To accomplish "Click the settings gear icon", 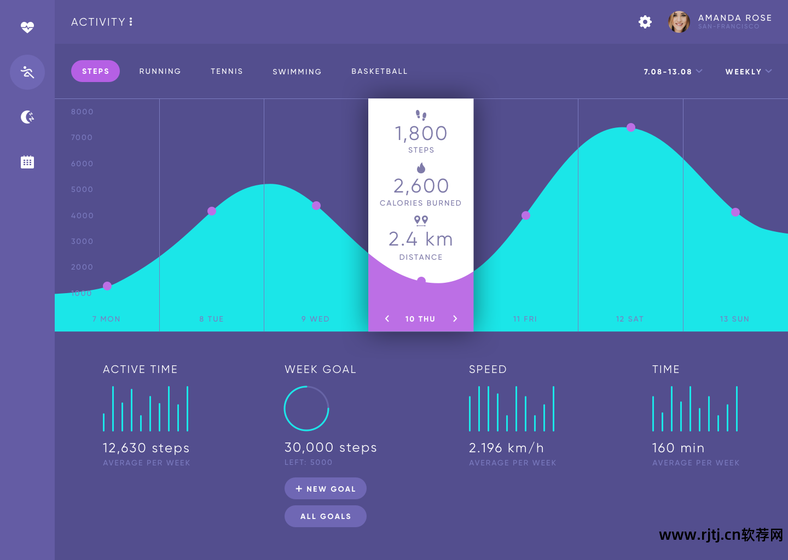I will (645, 22).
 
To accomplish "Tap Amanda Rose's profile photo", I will (679, 22).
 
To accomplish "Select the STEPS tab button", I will (95, 71).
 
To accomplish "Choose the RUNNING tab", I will (160, 71).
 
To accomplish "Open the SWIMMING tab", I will (297, 72).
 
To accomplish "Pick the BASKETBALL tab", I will (379, 71).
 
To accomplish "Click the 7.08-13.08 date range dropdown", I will (673, 72).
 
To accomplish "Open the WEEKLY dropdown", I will (748, 72).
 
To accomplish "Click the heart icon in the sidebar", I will (27, 27).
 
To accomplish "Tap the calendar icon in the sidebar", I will (27, 162).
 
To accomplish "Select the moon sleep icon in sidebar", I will (27, 116).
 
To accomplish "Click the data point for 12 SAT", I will (631, 127).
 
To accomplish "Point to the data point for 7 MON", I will (107, 286).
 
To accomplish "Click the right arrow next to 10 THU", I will (455, 319).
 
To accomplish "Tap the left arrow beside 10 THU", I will (387, 319).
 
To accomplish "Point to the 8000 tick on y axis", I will (82, 112).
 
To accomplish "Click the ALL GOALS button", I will (326, 516).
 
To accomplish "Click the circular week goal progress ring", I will (306, 409).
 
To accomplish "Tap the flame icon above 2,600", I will (421, 168).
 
